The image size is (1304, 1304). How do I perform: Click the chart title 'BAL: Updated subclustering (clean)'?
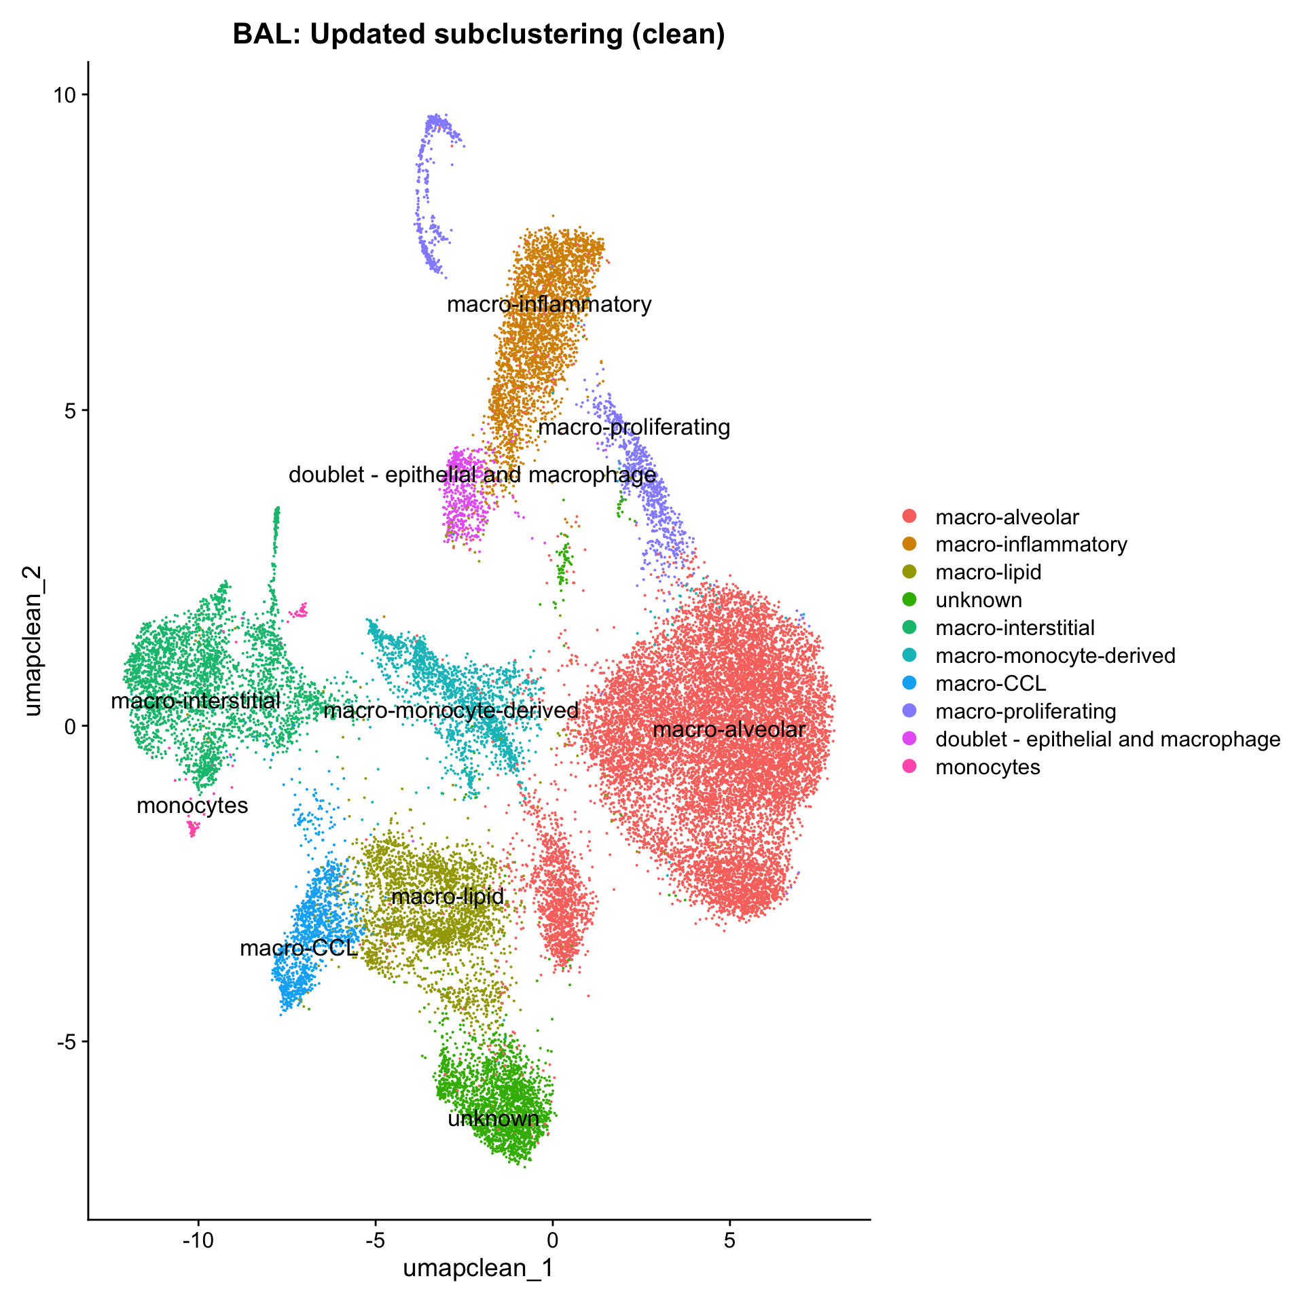point(479,34)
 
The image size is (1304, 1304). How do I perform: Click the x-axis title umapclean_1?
point(478,1268)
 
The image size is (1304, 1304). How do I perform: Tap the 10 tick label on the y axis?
point(67,95)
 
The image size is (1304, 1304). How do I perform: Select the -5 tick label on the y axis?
point(67,1041)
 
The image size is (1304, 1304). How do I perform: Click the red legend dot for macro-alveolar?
point(909,516)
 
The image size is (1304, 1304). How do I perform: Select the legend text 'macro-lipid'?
point(988,573)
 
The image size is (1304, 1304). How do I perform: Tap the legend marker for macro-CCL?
point(909,683)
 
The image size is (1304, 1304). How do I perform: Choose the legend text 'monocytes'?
point(988,767)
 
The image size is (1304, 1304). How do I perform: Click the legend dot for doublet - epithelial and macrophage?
point(909,739)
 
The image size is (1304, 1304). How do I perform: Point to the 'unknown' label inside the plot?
point(494,1119)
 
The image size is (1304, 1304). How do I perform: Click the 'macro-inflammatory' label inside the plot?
point(549,304)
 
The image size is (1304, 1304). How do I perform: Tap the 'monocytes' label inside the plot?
point(192,806)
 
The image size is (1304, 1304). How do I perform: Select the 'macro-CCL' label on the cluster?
point(299,948)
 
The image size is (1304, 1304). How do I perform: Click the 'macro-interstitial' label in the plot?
point(196,701)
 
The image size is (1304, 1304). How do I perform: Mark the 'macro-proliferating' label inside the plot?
point(634,428)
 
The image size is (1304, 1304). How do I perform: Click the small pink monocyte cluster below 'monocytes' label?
point(193,828)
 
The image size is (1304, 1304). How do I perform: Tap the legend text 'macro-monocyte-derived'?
point(1055,656)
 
